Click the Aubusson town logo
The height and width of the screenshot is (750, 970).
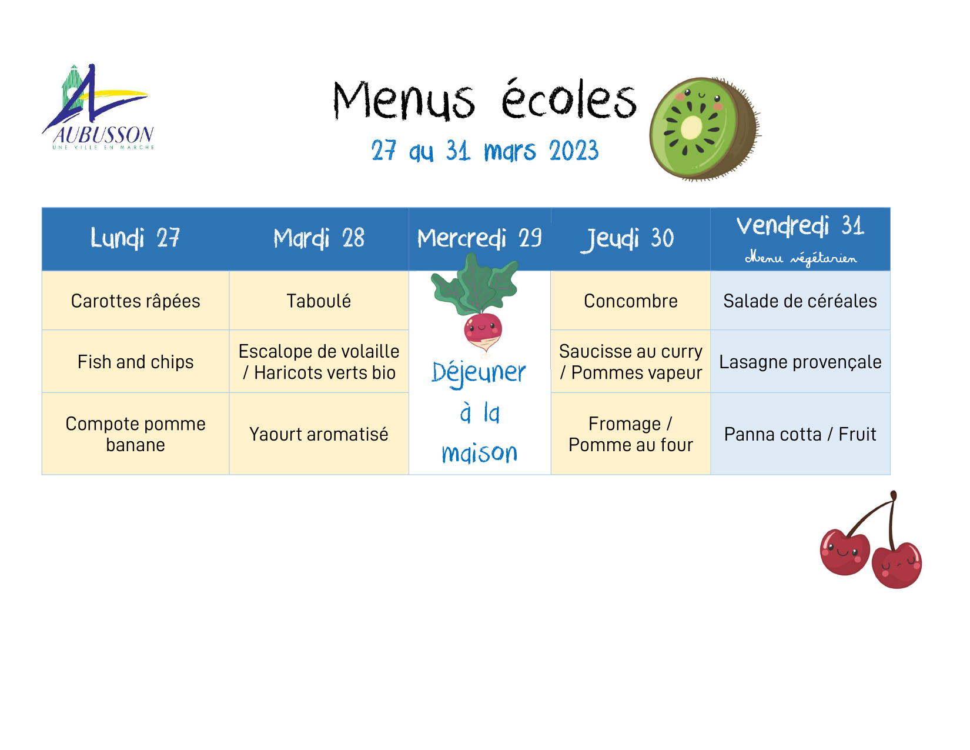point(98,107)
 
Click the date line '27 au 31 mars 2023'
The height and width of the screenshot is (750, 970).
point(485,151)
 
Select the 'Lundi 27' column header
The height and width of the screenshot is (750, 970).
point(135,238)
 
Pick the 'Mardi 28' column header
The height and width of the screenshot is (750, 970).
point(319,238)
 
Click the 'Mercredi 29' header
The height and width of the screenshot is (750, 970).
point(480,238)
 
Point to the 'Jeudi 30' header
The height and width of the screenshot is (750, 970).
point(627,239)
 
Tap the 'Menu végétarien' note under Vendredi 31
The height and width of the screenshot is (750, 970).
point(801,258)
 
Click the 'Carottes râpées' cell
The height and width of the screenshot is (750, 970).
point(135,301)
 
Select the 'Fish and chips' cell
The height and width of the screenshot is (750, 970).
point(135,361)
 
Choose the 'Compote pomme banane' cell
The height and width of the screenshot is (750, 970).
point(135,434)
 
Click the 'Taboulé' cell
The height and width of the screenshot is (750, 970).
point(319,301)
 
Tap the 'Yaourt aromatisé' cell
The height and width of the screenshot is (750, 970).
point(319,434)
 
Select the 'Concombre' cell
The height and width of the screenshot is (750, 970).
point(630,301)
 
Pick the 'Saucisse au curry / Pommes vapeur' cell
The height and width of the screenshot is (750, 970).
point(630,361)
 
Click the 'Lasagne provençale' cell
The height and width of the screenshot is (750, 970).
point(800,361)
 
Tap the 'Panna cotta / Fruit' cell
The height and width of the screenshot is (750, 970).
point(800,434)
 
